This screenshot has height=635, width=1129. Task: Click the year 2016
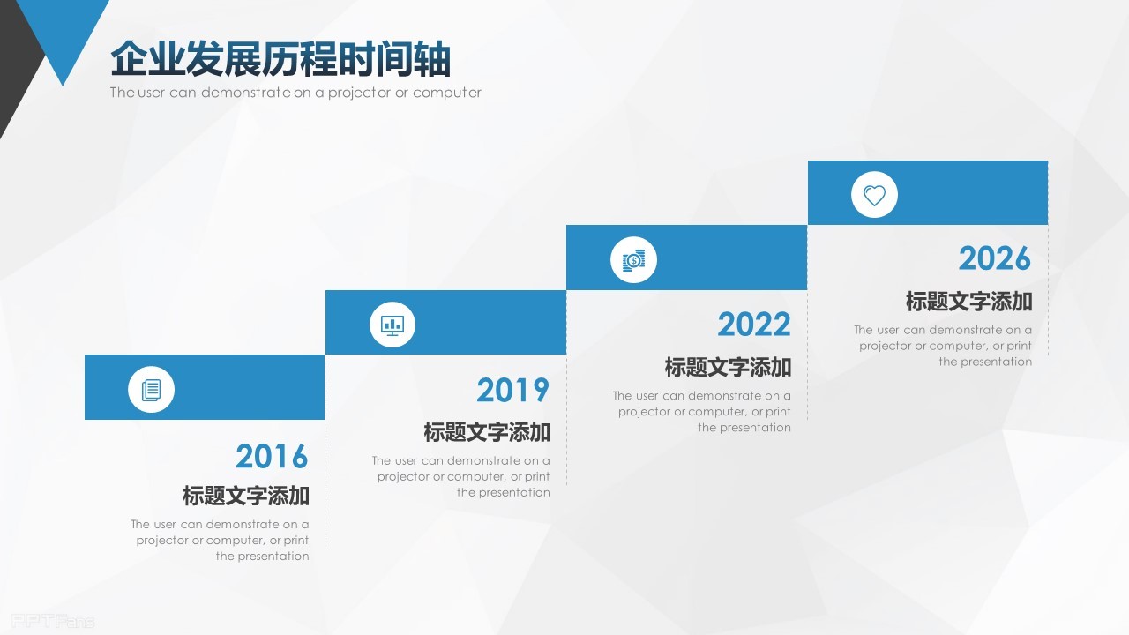[x=272, y=456]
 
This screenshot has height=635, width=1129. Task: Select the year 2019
[x=512, y=390]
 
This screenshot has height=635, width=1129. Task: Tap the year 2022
[x=753, y=325]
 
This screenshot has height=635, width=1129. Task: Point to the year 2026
[x=994, y=258]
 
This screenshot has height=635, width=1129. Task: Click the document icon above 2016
[x=151, y=389]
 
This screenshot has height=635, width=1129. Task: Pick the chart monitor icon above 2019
[x=392, y=324]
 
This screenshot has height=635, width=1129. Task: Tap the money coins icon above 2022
[x=633, y=259]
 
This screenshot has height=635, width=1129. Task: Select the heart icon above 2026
[x=874, y=195]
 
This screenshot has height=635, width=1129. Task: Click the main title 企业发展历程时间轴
[x=280, y=60]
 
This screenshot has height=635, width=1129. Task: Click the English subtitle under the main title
[x=295, y=93]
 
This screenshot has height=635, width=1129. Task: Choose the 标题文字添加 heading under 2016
[x=246, y=496]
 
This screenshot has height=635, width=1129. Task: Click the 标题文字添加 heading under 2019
[x=487, y=432]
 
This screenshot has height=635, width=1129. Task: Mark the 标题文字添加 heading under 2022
[x=728, y=367]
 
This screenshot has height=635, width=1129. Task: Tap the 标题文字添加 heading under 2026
[x=968, y=302]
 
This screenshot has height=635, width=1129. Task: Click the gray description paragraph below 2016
[x=221, y=540]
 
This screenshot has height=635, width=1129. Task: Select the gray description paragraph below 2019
[x=461, y=476]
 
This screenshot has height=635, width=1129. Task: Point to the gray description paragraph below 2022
[x=702, y=411]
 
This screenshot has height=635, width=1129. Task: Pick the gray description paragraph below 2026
[x=943, y=346]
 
